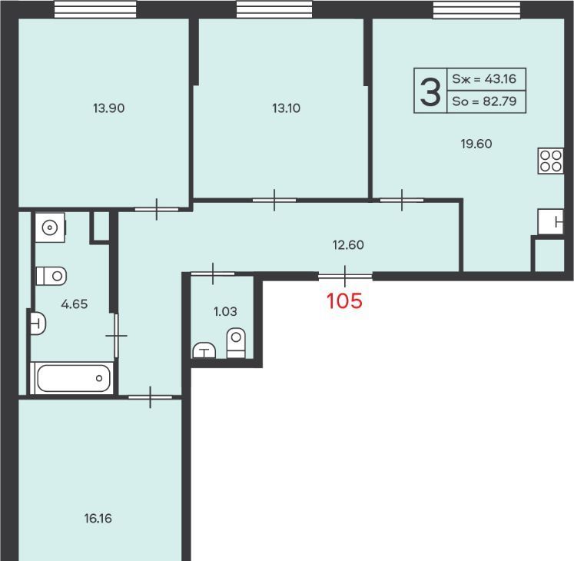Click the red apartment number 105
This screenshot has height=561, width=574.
point(344,301)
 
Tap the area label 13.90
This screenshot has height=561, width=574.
point(108,108)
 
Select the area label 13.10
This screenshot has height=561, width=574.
point(287,108)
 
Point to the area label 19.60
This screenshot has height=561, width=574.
point(476,144)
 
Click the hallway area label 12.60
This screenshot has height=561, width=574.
point(348,245)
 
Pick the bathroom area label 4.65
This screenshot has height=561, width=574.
point(75,304)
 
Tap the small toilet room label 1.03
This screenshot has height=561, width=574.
point(225,312)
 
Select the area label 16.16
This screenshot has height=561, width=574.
point(98,519)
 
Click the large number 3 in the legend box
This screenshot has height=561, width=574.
point(430,93)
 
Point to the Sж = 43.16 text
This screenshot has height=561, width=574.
point(484,78)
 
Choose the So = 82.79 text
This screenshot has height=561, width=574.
point(484,101)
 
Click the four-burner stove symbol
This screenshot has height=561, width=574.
point(551,161)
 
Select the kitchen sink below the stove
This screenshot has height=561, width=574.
point(551,222)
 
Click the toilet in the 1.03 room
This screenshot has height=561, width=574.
point(236,343)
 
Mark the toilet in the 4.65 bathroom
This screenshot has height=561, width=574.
point(51,276)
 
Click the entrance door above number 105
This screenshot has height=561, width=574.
point(345,276)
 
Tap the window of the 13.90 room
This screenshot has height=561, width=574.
point(95,9)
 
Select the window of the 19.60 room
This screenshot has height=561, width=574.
point(476,9)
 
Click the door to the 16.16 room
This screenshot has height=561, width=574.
point(150,397)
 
